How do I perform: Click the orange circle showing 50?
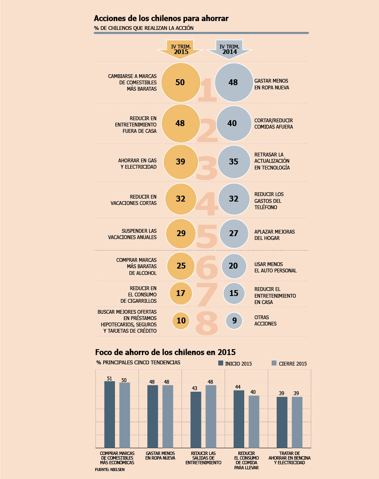click(181, 83)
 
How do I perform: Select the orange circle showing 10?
click(181, 321)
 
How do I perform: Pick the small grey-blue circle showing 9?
click(234, 321)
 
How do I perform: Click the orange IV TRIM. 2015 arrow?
click(180, 49)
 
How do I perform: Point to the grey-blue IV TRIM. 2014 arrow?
click(229, 49)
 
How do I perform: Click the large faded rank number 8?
click(207, 323)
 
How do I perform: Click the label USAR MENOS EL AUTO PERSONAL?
click(275, 267)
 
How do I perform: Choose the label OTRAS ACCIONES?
click(265, 320)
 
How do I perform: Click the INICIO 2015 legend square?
click(221, 363)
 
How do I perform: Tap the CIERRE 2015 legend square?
click(274, 363)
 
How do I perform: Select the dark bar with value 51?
click(109, 414)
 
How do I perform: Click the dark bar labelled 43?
click(196, 420)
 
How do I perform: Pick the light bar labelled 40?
click(254, 422)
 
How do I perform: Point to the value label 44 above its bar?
click(238, 387)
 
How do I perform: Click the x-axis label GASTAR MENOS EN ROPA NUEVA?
click(160, 456)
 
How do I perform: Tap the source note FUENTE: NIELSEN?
click(109, 470)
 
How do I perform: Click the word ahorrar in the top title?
click(215, 19)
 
